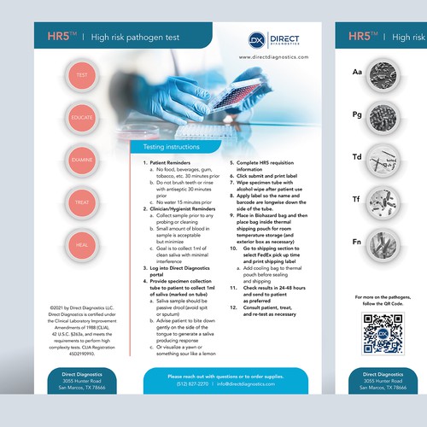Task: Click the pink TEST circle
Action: [83, 76]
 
